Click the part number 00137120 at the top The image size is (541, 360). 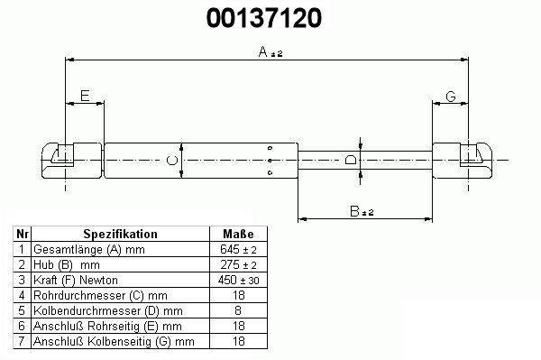coord(264,18)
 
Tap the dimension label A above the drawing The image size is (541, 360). coord(263,51)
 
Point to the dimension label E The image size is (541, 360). coord(85,96)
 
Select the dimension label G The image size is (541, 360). coord(451,97)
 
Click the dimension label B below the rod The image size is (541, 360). coord(354,211)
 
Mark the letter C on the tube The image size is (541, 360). coord(172,161)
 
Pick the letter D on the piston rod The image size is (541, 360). coord(351,160)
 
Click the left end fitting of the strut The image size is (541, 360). coord(72,161)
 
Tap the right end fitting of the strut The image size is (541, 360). coord(463,161)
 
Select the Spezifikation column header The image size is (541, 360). coord(121,234)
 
